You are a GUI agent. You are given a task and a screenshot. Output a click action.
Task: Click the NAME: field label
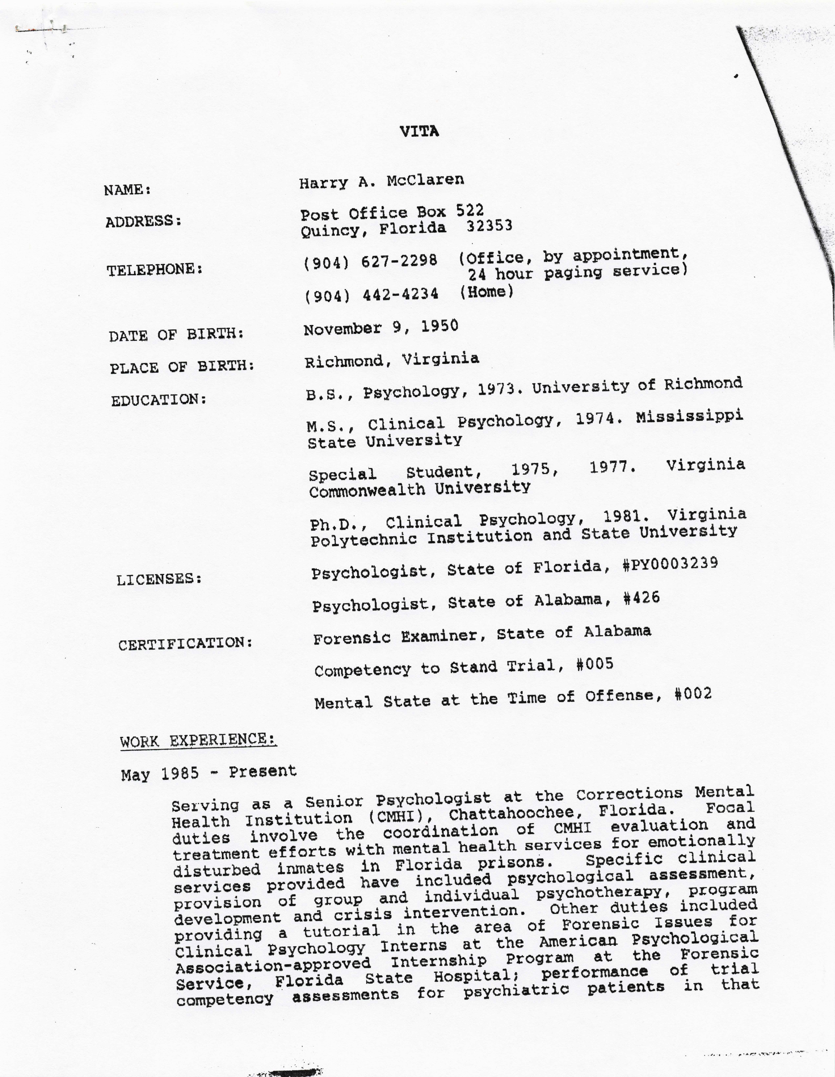(127, 190)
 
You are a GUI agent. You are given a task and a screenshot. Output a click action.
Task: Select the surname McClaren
(425, 181)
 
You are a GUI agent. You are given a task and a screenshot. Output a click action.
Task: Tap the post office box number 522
(470, 211)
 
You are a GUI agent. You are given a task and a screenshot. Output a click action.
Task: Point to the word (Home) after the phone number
(486, 292)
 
